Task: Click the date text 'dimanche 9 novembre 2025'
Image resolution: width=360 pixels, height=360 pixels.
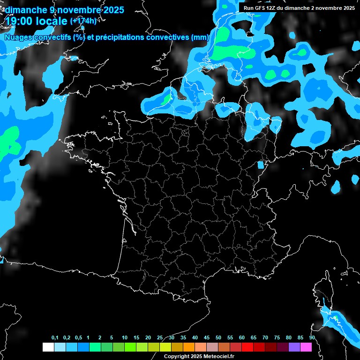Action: point(64,9)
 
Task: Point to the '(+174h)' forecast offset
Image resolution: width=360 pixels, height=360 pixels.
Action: point(83,21)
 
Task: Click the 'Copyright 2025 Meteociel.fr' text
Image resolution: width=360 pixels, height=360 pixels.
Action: point(199,356)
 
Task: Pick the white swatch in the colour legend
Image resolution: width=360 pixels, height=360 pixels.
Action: point(48,347)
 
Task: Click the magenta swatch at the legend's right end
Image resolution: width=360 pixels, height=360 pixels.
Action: point(306,347)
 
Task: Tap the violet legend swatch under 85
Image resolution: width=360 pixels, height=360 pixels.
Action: point(294,347)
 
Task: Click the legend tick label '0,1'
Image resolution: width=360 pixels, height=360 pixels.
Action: point(54,338)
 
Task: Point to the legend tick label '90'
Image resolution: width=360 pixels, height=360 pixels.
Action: point(312,338)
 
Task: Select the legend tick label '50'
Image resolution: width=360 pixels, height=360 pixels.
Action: point(218,338)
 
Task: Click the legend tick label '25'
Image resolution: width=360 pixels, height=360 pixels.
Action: point(160,338)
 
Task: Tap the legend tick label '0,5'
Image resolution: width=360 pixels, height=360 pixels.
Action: point(78,338)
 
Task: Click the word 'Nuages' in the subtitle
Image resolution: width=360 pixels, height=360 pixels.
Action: point(19,37)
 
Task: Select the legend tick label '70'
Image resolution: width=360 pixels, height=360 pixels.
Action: point(265,338)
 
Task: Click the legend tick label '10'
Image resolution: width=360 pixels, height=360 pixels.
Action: point(125,338)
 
